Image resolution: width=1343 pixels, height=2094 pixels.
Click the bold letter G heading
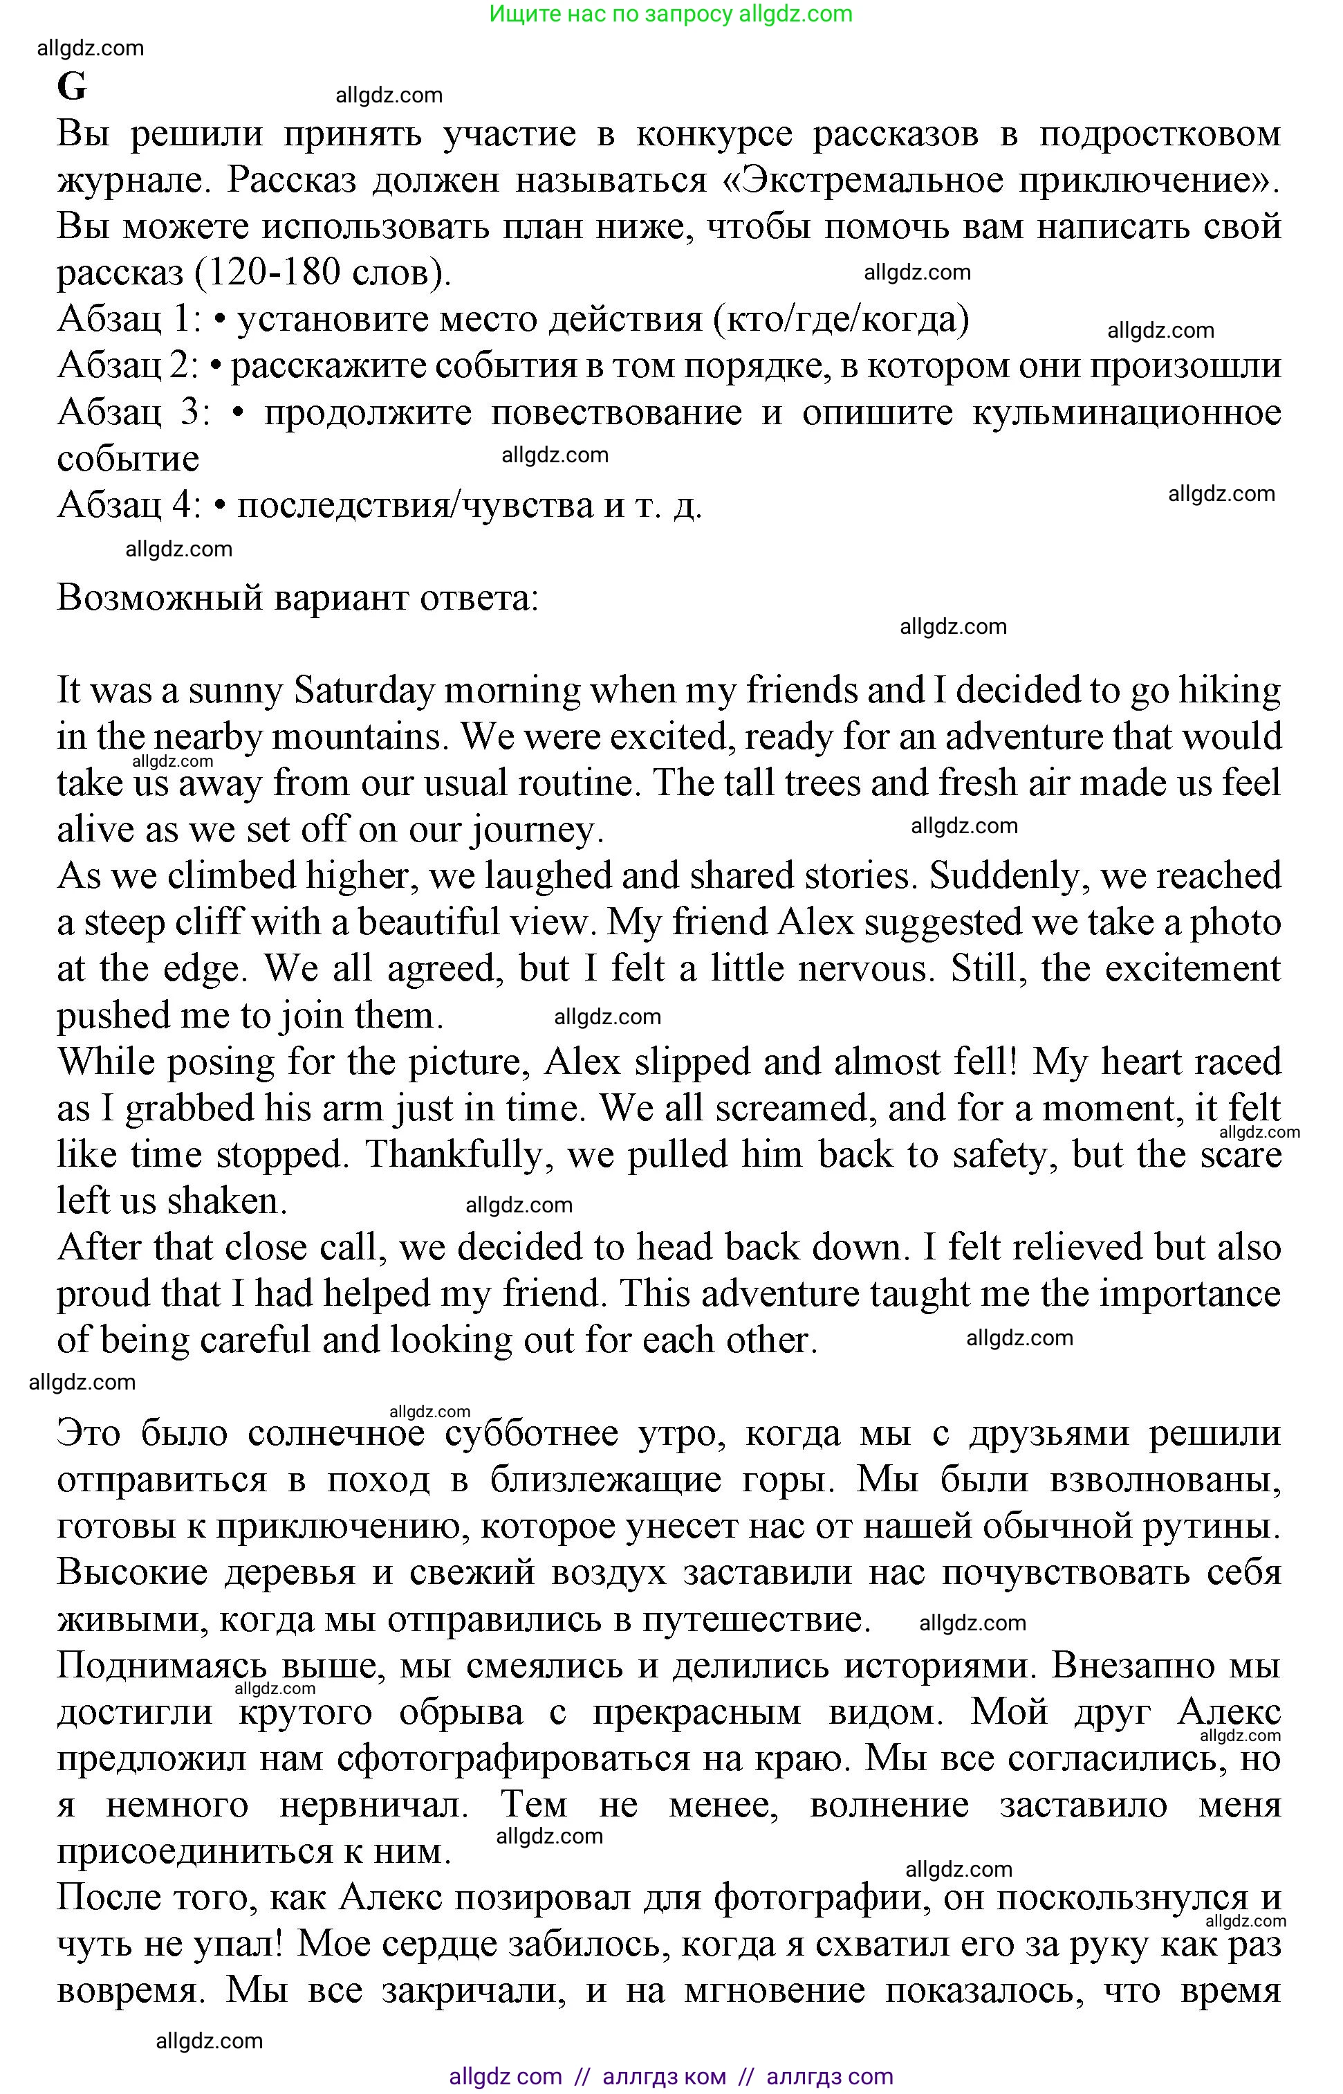(73, 87)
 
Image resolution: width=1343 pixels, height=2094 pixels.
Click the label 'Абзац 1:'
(129, 319)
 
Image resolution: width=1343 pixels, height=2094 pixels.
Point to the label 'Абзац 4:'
(129, 505)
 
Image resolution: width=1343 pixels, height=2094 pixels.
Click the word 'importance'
(1189, 1294)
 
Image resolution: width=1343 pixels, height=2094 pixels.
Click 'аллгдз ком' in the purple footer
(664, 2076)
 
